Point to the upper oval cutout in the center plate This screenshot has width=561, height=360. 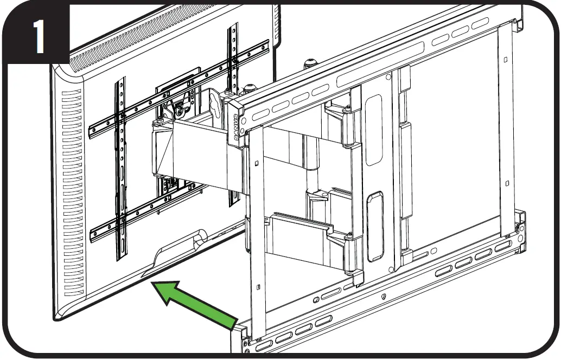point(374,130)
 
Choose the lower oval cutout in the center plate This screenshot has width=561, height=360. point(374,225)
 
